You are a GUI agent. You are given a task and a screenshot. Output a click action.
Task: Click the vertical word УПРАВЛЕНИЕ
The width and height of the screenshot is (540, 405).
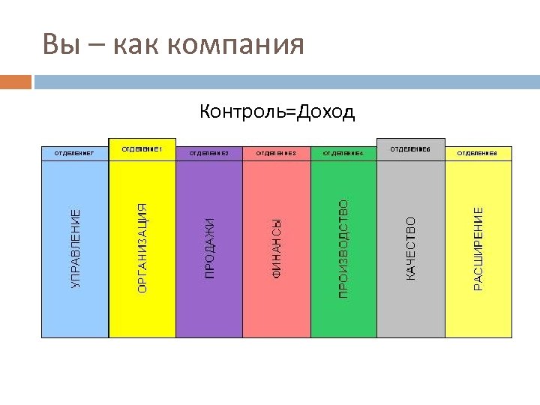[75, 249]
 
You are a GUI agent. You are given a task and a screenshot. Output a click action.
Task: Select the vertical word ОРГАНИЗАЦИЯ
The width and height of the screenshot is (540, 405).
[142, 247]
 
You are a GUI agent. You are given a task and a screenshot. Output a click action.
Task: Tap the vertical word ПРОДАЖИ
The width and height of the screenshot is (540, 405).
[210, 248]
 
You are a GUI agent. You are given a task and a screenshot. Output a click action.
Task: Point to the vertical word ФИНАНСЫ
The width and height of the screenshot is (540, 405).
[277, 249]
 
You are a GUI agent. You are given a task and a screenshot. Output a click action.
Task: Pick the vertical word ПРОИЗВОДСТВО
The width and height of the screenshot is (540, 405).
[343, 249]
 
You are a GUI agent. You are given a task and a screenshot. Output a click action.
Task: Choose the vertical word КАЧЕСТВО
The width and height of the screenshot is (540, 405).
[410, 249]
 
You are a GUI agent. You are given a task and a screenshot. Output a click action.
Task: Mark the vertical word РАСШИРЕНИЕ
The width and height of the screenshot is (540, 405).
[478, 249]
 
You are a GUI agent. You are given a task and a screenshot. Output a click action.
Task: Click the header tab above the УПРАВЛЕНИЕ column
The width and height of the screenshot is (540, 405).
[75, 153]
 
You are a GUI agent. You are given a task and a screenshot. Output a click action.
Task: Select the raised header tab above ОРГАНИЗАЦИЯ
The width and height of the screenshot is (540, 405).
[142, 149]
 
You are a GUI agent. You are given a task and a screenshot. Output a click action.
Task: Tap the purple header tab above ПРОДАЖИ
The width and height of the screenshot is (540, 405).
[209, 153]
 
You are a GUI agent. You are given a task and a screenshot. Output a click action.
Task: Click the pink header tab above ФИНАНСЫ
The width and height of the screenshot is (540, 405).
[277, 153]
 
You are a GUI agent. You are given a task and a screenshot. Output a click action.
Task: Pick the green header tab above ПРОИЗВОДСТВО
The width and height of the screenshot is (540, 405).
[343, 153]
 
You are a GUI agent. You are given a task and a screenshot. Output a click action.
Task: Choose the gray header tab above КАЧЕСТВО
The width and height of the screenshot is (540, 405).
[410, 149]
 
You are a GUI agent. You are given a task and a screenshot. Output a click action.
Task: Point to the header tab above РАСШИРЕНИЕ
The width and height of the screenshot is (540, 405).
[478, 153]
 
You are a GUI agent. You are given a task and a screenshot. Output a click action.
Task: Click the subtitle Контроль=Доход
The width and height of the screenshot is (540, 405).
[277, 112]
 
